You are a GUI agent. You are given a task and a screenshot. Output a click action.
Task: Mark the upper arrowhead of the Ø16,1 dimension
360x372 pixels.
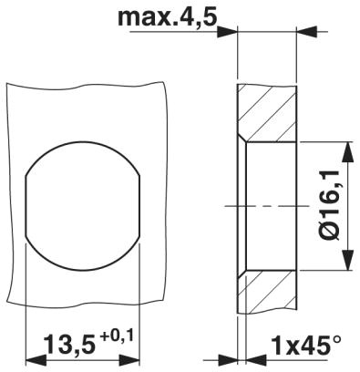coord(347,149)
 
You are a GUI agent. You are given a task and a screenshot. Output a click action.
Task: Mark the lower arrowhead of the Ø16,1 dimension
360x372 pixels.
coord(347,263)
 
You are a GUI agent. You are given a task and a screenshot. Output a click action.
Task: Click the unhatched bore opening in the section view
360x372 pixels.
coord(273,182)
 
